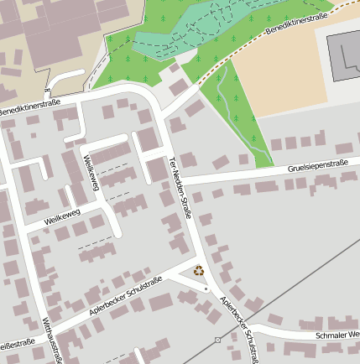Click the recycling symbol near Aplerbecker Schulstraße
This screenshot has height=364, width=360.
pyautogui.click(x=199, y=270)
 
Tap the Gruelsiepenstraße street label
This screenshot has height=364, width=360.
pyautogui.click(x=320, y=166)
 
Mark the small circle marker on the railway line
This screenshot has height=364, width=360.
pyautogui.click(x=217, y=340)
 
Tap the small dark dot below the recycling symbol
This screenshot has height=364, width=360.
pyautogui.click(x=206, y=289)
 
